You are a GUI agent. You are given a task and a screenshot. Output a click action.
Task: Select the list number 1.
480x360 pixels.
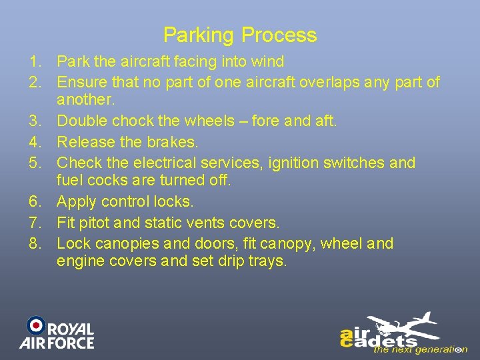pos(35,62)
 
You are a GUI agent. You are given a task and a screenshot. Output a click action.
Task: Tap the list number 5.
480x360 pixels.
pos(35,163)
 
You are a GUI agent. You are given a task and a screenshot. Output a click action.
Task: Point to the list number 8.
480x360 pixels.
pos(35,244)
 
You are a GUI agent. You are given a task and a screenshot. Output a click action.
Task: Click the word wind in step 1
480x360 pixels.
pos(269,62)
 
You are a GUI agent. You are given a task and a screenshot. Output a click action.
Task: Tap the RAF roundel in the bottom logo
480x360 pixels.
pos(36,325)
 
